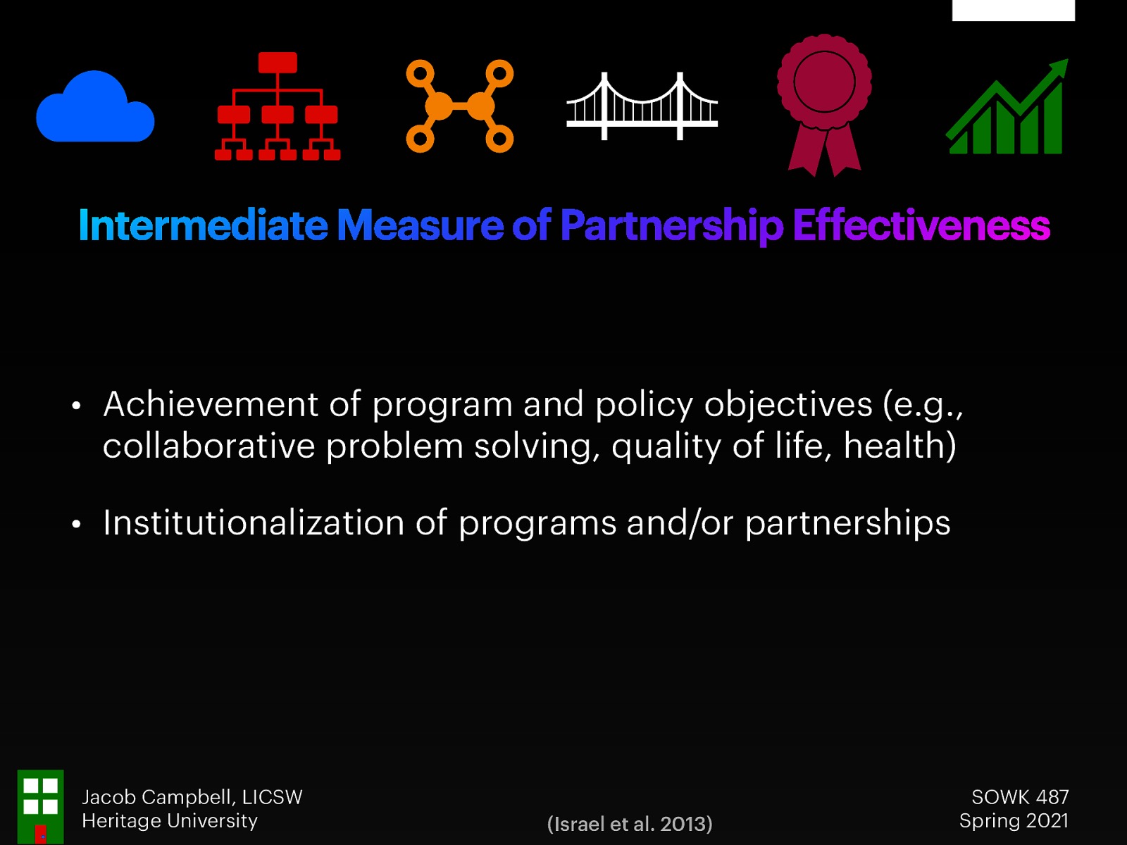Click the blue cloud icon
(x=95, y=108)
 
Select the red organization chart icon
(x=278, y=106)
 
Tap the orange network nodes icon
(x=460, y=106)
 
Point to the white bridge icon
(x=642, y=107)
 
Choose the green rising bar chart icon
(x=1007, y=108)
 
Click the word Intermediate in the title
(x=203, y=226)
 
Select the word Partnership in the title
(x=671, y=226)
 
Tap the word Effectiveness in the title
(x=921, y=226)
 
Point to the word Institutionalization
(x=254, y=523)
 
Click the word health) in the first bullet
(x=899, y=446)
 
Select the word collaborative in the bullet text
(x=208, y=446)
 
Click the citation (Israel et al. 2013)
(x=630, y=823)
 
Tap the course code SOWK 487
(x=1020, y=796)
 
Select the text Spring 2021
(x=1014, y=820)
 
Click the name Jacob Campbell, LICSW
(x=192, y=796)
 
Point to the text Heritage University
(x=170, y=820)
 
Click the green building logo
(x=40, y=806)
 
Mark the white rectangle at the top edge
(x=1013, y=10)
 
